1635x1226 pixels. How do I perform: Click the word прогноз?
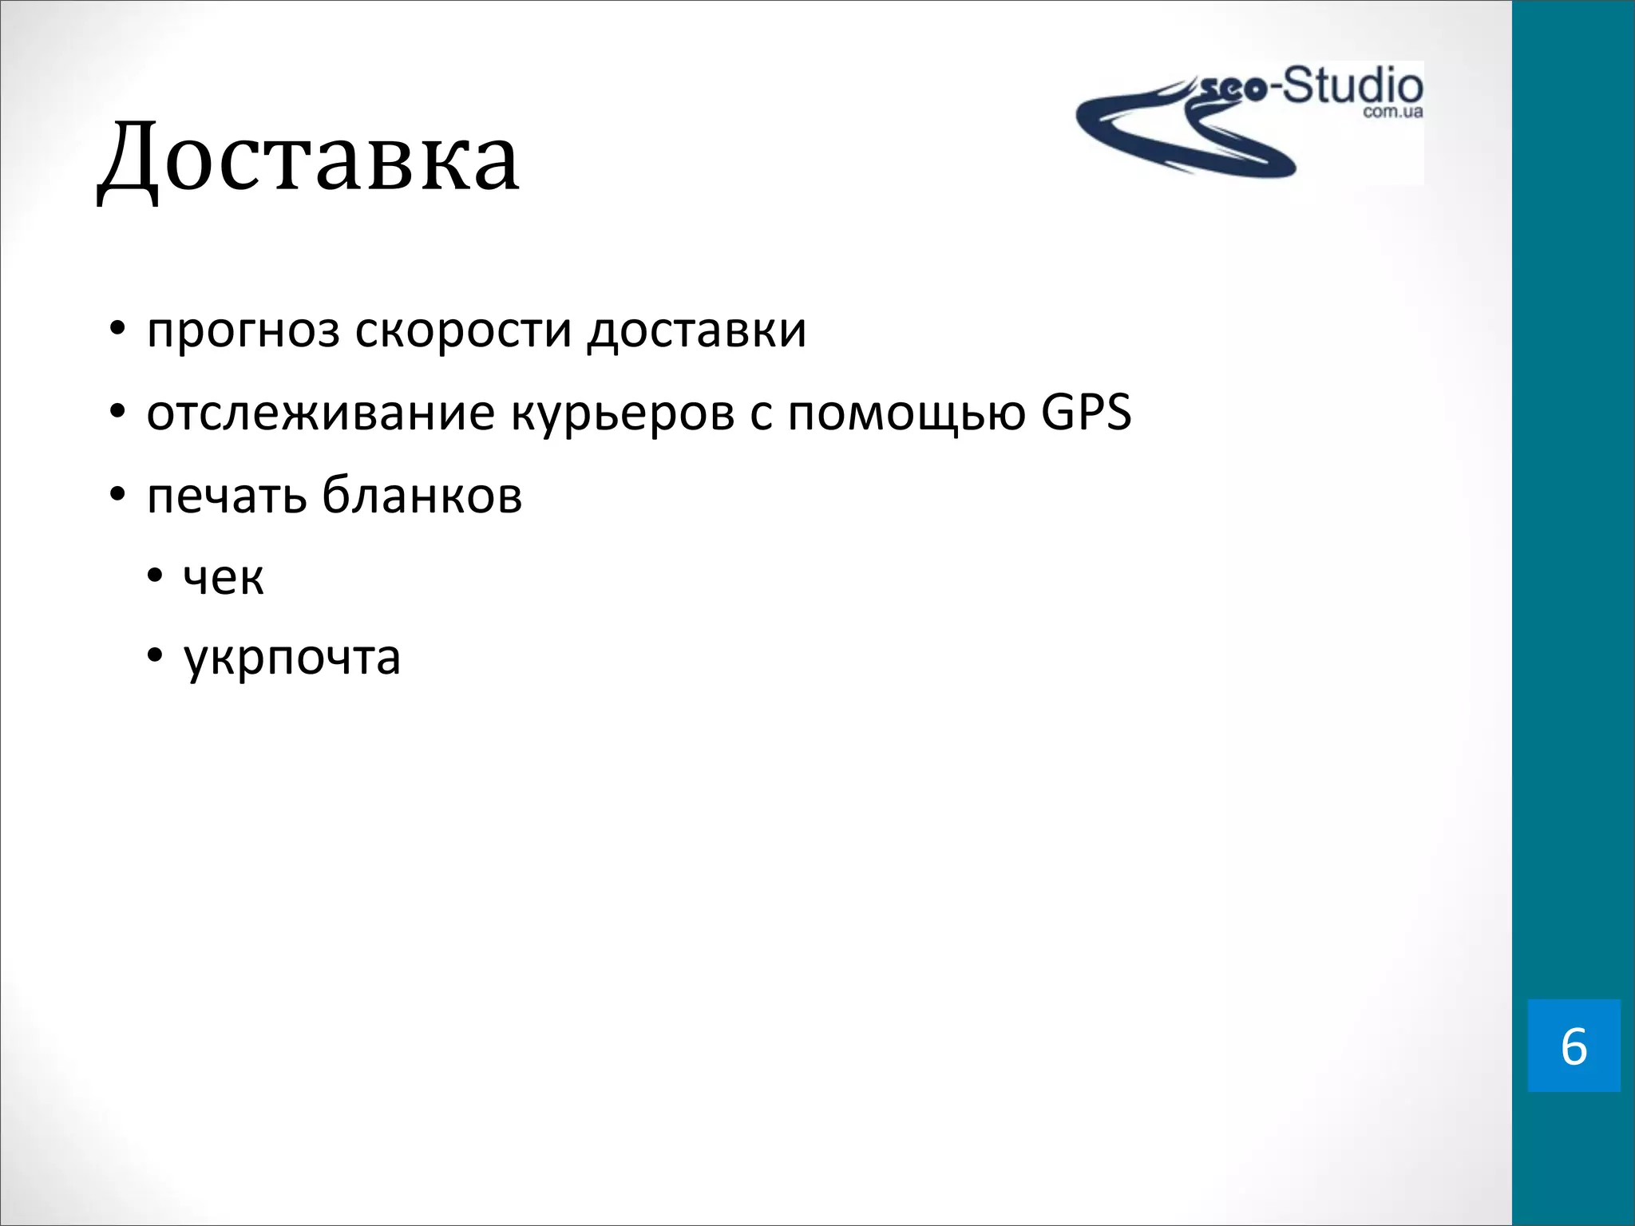pos(243,330)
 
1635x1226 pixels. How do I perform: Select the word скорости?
pos(463,330)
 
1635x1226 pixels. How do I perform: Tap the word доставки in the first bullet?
pos(696,330)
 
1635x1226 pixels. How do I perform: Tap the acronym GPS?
pos(1087,413)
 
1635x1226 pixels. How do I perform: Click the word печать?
pos(227,496)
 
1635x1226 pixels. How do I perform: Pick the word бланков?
pos(422,495)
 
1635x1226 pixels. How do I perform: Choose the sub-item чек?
pos(224,577)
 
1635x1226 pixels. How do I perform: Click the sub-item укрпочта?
pos(292,659)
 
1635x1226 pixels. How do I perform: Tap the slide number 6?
pos(1574,1046)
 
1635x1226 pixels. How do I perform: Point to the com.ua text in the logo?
pos(1392,113)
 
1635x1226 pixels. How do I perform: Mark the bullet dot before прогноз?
pos(117,330)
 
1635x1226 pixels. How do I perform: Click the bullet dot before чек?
pos(155,576)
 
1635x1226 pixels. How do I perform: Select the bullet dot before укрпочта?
pos(155,658)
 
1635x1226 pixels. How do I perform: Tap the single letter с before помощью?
pos(761,416)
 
